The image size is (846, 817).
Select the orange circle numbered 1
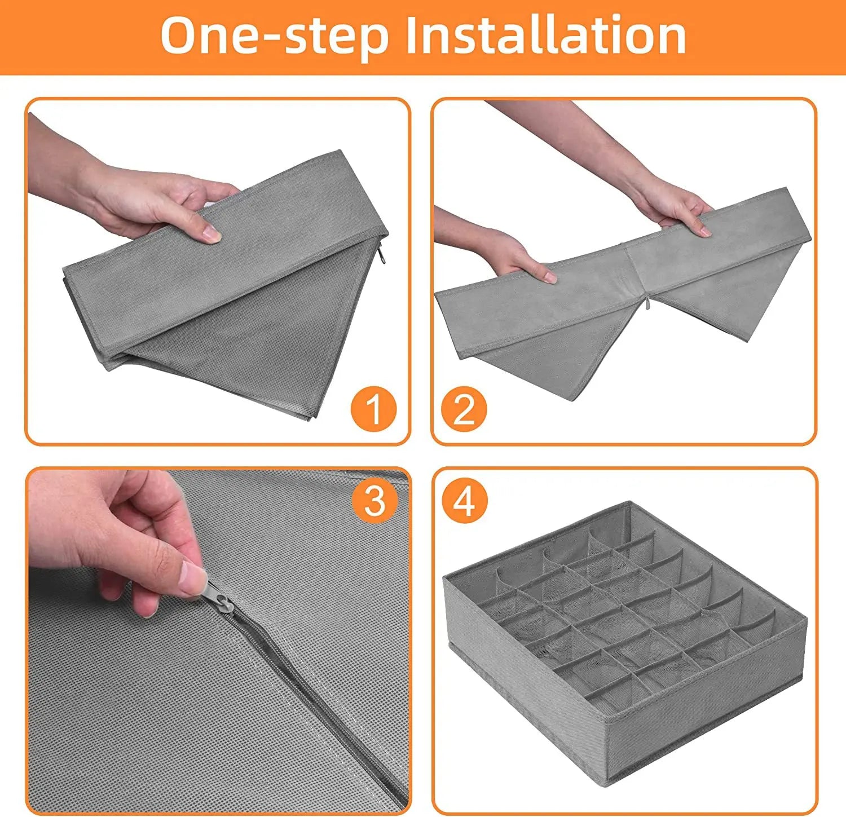click(373, 408)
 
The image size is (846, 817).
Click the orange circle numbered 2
click(464, 408)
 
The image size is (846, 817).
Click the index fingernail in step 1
click(212, 232)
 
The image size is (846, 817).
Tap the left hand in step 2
click(496, 245)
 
